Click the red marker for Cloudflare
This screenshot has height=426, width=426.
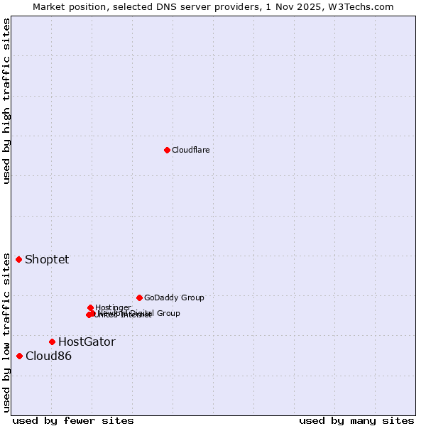pyautogui.click(x=167, y=150)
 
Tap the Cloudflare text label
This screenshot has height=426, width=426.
pyautogui.click(x=190, y=150)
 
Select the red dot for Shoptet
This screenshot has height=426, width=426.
pyautogui.click(x=19, y=259)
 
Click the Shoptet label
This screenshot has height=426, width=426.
pyautogui.click(x=47, y=259)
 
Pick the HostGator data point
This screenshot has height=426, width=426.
pyautogui.click(x=52, y=342)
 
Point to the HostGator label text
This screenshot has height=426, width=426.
pyautogui.click(x=87, y=342)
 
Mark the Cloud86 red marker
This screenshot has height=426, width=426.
pyautogui.click(x=19, y=356)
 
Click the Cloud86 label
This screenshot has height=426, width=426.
pyautogui.click(x=48, y=356)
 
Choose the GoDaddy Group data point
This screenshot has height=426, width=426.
pyautogui.click(x=139, y=297)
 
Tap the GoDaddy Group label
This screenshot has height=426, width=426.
pyautogui.click(x=174, y=297)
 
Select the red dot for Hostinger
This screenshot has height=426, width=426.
pyautogui.click(x=90, y=307)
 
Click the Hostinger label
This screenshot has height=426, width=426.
pyautogui.click(x=113, y=307)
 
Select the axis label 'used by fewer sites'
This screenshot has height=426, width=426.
pyautogui.click(x=73, y=420)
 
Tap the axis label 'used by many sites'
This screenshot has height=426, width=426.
pyautogui.click(x=356, y=420)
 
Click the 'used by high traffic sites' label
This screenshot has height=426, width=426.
pyautogui.click(x=6, y=101)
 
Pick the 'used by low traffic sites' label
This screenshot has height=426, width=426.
pyautogui.click(x=6, y=332)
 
